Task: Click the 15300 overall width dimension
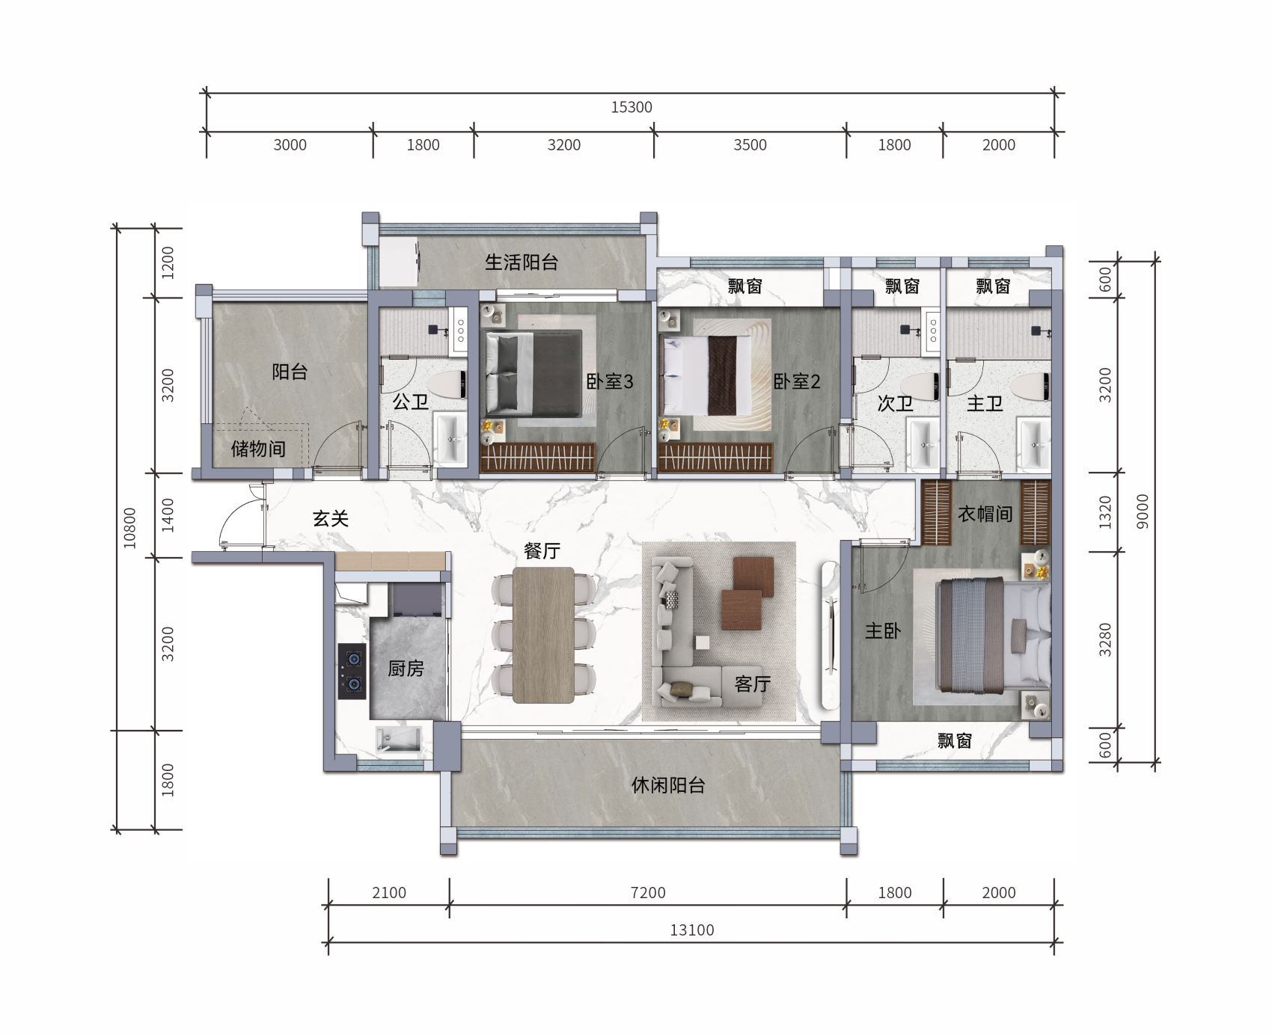point(632,107)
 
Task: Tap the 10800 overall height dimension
point(130,528)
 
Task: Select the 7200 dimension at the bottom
point(648,893)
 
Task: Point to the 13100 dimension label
point(692,930)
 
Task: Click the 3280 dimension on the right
point(1105,639)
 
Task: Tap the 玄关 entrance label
point(331,518)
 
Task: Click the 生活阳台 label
point(522,262)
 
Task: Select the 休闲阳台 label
point(668,786)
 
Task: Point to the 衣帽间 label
point(985,514)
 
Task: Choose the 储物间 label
point(258,449)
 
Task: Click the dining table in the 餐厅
point(544,635)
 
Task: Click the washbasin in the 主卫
point(1034,443)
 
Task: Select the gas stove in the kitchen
point(352,672)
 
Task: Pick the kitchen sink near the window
point(399,740)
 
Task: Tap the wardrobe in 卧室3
point(538,457)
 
